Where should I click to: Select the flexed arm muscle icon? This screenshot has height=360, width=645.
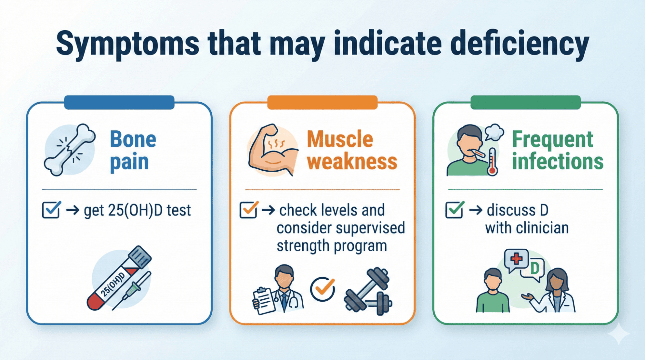[x=273, y=150]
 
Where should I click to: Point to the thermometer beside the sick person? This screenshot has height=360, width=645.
[x=492, y=161]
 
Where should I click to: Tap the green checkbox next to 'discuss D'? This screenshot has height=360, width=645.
[x=455, y=210]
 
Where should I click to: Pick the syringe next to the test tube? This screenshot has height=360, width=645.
[x=132, y=291]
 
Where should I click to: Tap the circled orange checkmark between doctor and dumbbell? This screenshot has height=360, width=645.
[x=323, y=289]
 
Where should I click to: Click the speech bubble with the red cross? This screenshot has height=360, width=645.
[x=516, y=260]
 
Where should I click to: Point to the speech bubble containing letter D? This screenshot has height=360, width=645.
[x=534, y=269]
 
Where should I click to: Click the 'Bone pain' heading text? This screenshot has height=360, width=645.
[x=133, y=150]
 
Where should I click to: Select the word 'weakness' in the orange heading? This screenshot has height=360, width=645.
[x=352, y=162]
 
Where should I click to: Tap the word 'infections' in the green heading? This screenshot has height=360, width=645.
[x=558, y=162]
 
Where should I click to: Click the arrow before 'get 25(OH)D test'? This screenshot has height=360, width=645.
[x=73, y=210]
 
